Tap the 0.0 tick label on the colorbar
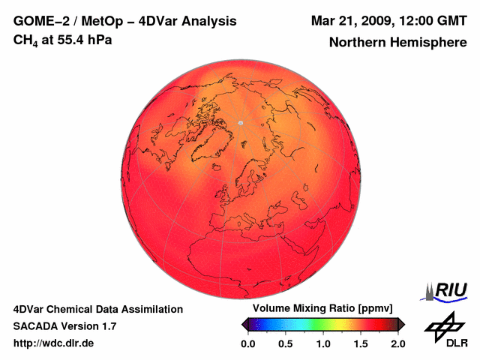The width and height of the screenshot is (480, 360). point(248,343)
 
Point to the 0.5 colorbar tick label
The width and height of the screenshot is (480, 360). point(286,343)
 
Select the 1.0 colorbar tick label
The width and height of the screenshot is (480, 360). point(323,343)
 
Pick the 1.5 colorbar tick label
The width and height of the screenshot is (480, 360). point(361,343)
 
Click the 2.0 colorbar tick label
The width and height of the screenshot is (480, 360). point(397,343)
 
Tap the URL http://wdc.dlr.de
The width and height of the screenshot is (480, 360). point(54,343)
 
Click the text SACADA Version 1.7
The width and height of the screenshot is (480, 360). point(64,326)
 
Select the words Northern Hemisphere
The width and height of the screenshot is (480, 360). point(398,43)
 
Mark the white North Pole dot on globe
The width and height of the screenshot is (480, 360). point(240,122)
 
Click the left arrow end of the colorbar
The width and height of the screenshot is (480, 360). point(244,324)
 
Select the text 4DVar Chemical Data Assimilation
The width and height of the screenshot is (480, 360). point(97,309)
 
